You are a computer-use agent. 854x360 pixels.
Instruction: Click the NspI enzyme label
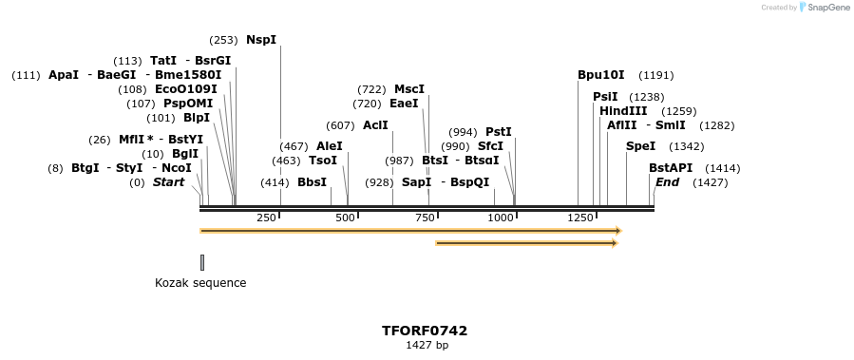click(261, 40)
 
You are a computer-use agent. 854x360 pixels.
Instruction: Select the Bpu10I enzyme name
click(601, 75)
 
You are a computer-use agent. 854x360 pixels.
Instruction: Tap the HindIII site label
click(623, 111)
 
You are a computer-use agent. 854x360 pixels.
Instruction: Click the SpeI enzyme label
click(641, 146)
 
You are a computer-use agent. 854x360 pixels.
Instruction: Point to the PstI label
click(499, 132)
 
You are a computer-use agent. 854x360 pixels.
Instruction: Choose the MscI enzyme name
click(409, 89)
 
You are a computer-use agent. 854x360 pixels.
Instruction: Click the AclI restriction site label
click(375, 125)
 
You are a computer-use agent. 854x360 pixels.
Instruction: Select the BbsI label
click(312, 181)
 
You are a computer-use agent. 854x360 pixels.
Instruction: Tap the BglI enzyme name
click(185, 154)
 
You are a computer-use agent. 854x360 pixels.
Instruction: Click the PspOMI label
click(188, 104)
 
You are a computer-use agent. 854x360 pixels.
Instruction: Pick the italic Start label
click(168, 181)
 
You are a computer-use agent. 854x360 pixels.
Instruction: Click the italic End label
click(668, 181)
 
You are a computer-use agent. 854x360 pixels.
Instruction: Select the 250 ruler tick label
click(266, 218)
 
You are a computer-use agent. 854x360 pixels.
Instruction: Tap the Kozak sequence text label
click(200, 283)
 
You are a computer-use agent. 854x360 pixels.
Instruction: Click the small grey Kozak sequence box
click(202, 262)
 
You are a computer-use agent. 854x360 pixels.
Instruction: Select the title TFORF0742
click(425, 332)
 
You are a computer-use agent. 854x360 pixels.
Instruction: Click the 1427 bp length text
click(427, 346)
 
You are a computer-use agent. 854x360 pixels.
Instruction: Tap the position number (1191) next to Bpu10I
click(656, 75)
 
